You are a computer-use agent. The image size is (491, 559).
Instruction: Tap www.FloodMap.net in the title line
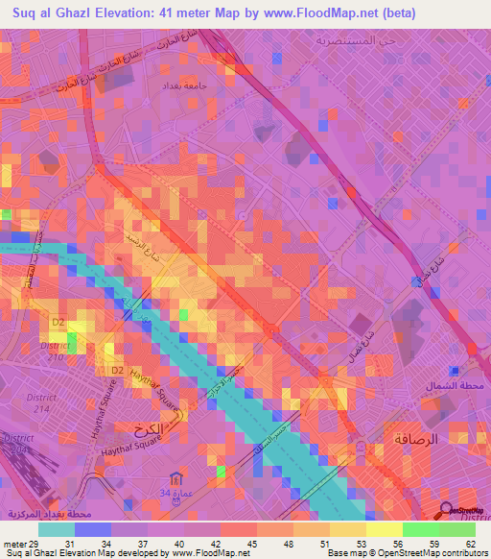click(x=334, y=12)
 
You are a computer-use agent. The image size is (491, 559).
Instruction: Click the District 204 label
click(x=17, y=443)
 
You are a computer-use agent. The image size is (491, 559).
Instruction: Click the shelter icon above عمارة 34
click(x=174, y=477)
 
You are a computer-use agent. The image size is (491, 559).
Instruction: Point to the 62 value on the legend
click(x=469, y=544)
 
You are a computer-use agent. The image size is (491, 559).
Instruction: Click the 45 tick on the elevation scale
click(x=251, y=544)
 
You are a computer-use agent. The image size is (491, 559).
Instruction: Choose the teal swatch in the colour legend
click(x=57, y=529)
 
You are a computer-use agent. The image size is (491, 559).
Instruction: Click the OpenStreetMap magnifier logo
click(x=446, y=512)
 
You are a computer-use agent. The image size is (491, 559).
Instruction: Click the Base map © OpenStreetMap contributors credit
click(x=404, y=553)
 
